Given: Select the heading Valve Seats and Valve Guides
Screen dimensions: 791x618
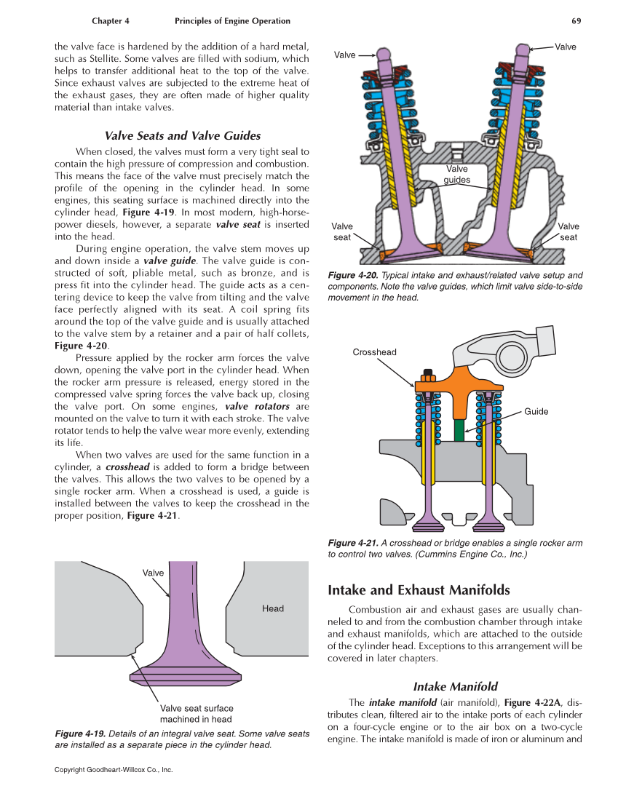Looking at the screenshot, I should [183, 135].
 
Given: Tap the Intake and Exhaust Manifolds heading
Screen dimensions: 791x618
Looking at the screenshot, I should [419, 589].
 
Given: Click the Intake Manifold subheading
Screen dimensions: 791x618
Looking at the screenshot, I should [455, 686].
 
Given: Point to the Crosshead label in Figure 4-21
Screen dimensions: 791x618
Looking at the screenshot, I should [374, 352].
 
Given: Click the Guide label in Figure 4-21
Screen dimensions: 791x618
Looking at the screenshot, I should [536, 412].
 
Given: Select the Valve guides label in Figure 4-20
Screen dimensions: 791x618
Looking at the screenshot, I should [457, 175].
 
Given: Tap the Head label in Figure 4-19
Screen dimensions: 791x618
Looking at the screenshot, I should [273, 608].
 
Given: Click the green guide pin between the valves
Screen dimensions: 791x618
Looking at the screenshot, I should [459, 429].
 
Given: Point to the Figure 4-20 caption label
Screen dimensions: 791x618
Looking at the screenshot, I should [353, 275].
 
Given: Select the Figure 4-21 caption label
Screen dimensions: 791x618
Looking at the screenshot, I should [353, 543].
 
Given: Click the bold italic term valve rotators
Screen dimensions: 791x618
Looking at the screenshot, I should [257, 406].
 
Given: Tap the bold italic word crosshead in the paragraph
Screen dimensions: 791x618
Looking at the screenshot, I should [129, 466].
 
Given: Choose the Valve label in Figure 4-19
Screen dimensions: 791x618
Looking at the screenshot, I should [153, 573].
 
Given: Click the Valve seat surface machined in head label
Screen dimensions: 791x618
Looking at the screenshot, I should [197, 713].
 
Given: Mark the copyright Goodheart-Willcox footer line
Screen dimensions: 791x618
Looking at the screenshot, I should [114, 769].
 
